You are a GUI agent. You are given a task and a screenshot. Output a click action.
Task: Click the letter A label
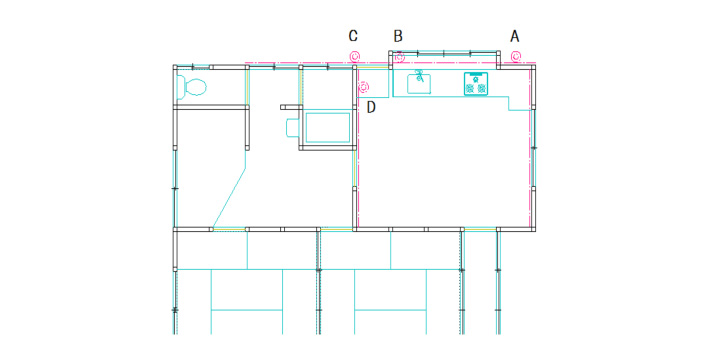point(514,36)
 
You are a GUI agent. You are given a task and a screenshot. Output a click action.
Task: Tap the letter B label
point(398,36)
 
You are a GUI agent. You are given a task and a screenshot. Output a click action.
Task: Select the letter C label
point(353,36)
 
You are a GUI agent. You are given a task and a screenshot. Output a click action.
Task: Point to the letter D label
point(371,107)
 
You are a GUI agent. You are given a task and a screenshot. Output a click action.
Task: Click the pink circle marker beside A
point(516,57)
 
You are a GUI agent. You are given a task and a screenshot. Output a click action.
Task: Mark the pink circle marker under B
point(399,57)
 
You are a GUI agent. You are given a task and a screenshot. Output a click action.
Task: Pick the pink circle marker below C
point(355,57)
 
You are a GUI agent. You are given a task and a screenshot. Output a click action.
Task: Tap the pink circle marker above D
point(364,86)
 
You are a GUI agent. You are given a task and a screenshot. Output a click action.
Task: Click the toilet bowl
point(196,86)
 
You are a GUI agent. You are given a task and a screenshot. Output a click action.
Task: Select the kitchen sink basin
point(419,84)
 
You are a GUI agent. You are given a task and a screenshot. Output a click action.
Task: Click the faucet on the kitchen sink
point(420,76)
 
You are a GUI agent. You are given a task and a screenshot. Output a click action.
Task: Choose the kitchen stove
point(476,84)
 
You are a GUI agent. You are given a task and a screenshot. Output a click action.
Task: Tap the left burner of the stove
point(470,88)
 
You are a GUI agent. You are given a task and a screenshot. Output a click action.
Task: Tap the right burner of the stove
point(482,88)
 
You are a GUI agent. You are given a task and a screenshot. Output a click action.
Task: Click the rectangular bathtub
point(328,128)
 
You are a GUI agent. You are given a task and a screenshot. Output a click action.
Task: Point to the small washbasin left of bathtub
point(292,127)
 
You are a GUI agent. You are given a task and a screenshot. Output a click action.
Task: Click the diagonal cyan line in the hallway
point(229,198)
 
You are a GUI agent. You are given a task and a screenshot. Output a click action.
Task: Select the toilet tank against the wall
point(181,87)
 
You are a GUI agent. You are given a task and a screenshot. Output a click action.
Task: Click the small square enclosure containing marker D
point(373,83)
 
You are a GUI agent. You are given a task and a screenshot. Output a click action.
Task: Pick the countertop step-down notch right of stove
point(519,104)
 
